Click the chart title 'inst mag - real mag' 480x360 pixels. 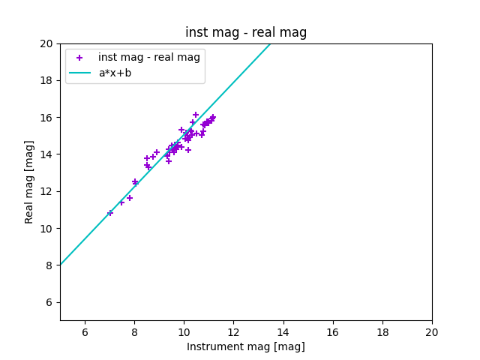coord(246,32)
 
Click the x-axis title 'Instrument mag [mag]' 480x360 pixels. coord(246,346)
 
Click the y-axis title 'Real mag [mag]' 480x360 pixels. coord(29,181)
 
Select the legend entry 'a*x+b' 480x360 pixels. coord(115,73)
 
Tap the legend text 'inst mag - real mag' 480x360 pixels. coord(149,58)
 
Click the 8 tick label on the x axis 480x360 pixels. coord(134,332)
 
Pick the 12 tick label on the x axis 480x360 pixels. coord(233,332)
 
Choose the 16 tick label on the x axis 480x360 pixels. coord(333,332)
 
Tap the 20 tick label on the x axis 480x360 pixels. coord(432,332)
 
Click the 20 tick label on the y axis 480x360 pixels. coord(46,43)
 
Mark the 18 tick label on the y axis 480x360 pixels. coord(46,80)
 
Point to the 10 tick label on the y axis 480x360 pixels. coord(46,229)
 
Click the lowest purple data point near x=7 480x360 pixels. coord(110,213)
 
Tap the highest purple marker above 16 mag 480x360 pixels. coord(196,115)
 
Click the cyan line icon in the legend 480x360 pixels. coord(79,73)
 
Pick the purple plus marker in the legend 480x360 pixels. coord(79,58)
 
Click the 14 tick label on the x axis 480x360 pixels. coord(283,332)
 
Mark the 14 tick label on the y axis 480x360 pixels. coord(46,154)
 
